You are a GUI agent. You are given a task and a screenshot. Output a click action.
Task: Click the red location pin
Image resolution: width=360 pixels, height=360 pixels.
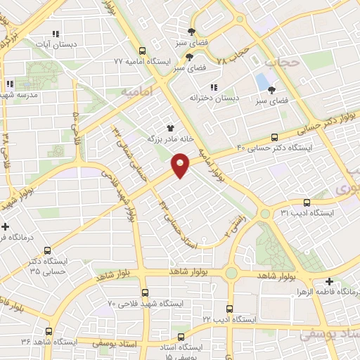tap(181, 165)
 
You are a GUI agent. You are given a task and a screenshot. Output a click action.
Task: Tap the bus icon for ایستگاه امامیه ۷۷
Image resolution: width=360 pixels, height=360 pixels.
tap(143, 51)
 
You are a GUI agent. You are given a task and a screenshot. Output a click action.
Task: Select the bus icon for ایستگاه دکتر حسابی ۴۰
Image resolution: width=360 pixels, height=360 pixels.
tap(274, 136)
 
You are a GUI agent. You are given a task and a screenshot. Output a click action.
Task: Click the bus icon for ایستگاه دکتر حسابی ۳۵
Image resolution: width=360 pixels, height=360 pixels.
tap(48, 250)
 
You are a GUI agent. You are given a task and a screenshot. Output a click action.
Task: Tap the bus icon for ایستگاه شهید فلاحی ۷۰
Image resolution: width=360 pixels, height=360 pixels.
tap(145, 292)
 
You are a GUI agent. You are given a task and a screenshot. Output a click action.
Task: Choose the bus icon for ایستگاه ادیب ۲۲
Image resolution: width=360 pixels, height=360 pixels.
tap(229, 309)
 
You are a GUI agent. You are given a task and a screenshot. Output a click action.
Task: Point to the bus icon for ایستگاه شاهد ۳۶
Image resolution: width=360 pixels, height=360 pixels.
tap(49, 331)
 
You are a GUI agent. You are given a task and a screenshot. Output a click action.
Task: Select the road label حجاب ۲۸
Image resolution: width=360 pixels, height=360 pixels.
tap(233, 54)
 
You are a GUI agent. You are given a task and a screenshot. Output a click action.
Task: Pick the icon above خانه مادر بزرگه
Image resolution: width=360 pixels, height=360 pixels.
tap(169, 128)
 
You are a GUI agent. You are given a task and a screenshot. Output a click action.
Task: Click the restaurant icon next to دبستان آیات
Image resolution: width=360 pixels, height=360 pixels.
tap(56, 33)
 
